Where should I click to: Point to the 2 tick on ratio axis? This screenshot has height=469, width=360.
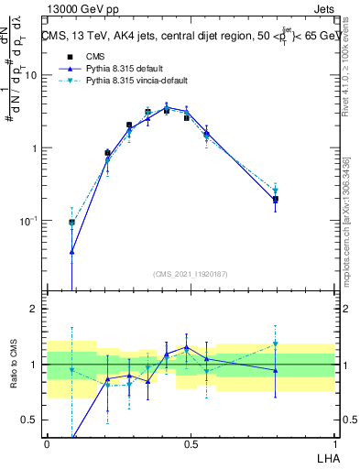tap(37, 309)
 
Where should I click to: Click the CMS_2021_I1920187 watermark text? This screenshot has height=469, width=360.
tap(191, 274)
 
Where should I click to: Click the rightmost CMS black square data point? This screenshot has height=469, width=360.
tap(275, 199)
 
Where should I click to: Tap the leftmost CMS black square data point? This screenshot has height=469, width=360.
tap(71, 222)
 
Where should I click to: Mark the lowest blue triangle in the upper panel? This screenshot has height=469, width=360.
tap(71, 251)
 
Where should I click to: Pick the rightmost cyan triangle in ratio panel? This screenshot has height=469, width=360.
tap(275, 344)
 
